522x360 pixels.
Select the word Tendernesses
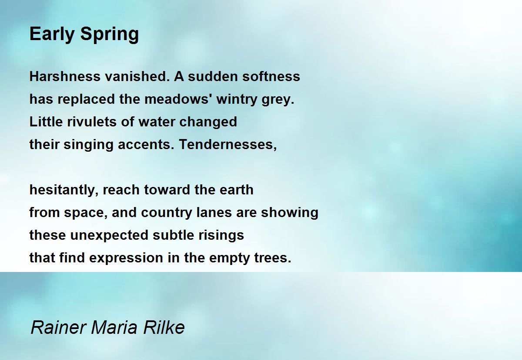[x=228, y=145]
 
